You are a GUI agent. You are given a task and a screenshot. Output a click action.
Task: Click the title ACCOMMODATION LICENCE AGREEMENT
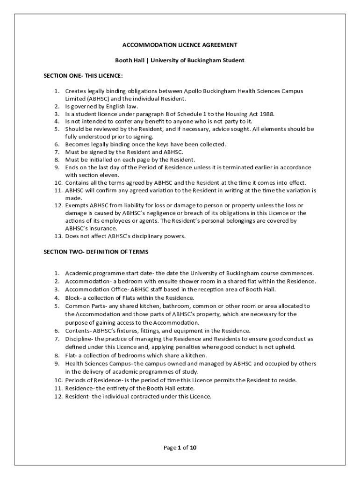tap(180, 45)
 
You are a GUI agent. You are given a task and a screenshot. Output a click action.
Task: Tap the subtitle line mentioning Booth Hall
tap(180, 60)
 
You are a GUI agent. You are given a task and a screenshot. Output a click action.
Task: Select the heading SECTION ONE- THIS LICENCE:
tap(83, 76)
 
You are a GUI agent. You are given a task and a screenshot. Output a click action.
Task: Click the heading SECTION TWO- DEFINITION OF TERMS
tap(96, 252)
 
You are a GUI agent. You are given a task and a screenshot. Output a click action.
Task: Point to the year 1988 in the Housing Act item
tap(267, 114)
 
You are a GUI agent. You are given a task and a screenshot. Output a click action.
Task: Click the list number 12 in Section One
tap(58, 205)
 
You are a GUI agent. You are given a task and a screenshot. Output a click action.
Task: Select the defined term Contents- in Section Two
tap(78, 330)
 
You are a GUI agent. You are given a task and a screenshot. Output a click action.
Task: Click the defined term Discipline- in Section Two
tap(79, 338)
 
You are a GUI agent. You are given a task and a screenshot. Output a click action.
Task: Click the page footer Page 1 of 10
tap(180, 448)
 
